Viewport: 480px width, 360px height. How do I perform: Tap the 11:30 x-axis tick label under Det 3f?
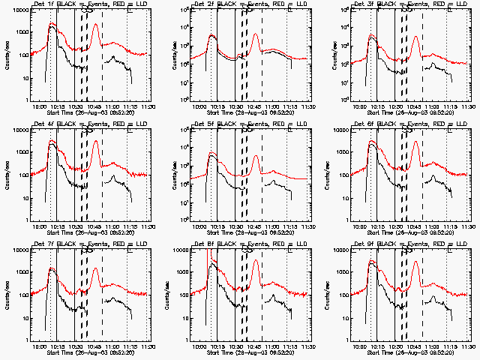[468, 107]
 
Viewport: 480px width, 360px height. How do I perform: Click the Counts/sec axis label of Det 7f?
[6, 295]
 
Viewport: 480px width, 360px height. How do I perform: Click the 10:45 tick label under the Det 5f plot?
[255, 227]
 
